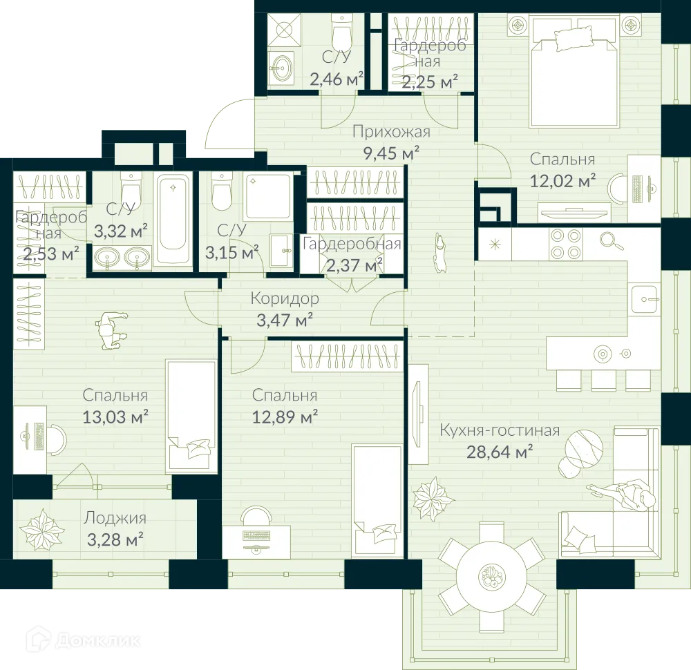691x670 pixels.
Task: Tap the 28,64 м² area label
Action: click(x=500, y=452)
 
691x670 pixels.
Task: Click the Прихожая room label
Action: click(x=391, y=132)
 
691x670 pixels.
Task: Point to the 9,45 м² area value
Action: click(x=391, y=153)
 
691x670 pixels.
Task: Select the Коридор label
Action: click(x=285, y=298)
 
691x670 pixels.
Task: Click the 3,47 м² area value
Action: click(x=285, y=320)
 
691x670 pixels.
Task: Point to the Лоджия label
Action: click(x=115, y=517)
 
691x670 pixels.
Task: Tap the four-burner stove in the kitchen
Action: click(x=567, y=243)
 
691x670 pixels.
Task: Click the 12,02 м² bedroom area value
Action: click(x=562, y=181)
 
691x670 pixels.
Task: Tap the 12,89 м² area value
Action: click(x=285, y=417)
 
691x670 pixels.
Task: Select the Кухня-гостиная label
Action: click(x=500, y=431)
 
